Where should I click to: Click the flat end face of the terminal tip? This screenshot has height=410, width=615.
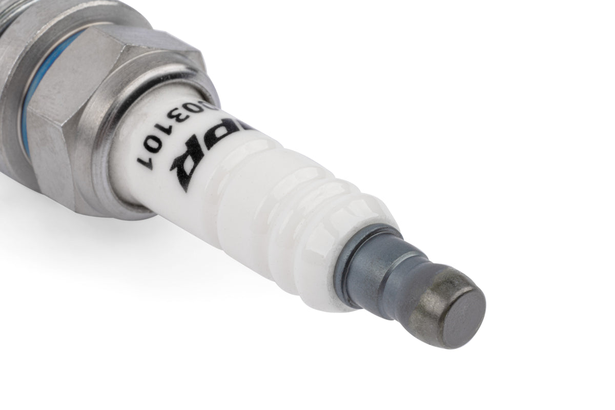click(463, 313)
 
